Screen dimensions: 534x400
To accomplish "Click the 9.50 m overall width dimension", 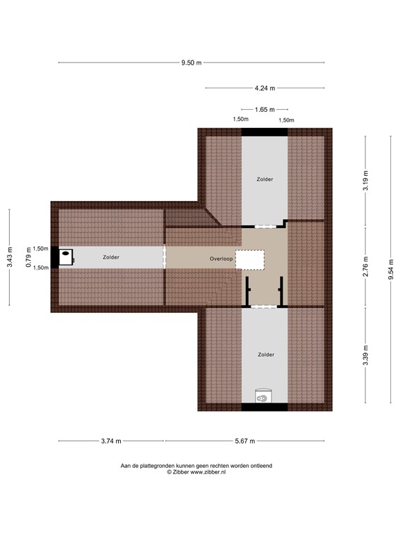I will [191, 63].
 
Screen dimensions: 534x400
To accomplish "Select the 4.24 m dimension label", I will [265, 88].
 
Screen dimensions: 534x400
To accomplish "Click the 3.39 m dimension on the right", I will [366, 355].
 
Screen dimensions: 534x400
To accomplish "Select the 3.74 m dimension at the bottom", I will [111, 441].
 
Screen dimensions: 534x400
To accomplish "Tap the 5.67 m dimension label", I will [244, 441].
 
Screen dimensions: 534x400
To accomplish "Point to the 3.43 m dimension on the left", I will [9, 257].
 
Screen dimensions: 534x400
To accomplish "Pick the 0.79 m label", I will [28, 258].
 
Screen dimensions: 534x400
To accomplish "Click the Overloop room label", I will [221, 259].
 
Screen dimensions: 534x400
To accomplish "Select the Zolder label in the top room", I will [265, 179].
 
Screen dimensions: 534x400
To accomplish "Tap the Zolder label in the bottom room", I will [265, 355].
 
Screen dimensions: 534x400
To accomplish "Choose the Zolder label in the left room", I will [110, 257].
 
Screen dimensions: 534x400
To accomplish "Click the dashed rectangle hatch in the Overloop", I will [250, 259].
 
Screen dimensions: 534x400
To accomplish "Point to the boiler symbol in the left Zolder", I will [67, 257].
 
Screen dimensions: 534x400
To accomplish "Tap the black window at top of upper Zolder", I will [264, 131].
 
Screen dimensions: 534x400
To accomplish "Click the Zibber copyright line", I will [197, 472].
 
